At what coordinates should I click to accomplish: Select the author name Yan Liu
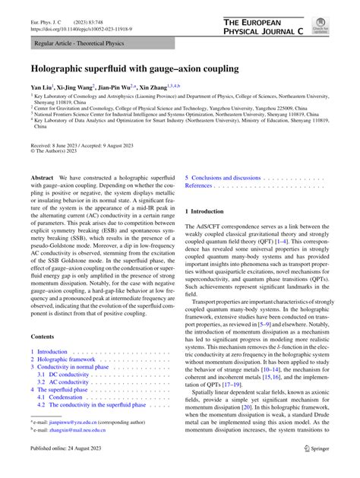click(40, 88)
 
